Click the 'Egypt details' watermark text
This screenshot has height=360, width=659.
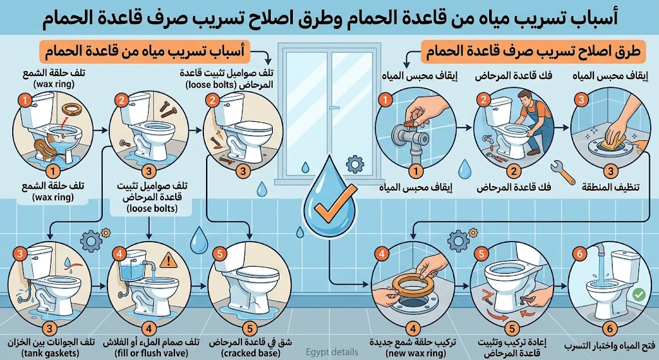(332, 352)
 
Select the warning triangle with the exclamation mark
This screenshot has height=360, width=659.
(169, 260)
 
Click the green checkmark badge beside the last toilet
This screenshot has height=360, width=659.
(638, 295)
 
